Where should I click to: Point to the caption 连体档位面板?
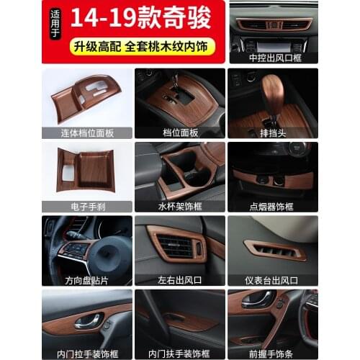[x=87, y=132]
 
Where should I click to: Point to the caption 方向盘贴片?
[x=87, y=280]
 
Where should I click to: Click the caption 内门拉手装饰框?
[x=87, y=354]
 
